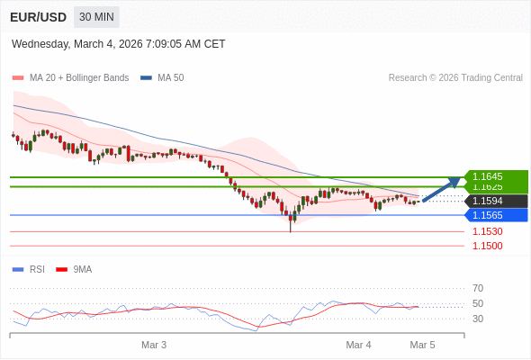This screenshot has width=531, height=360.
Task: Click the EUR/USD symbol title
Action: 37,17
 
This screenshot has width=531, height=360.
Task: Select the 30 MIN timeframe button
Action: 96,17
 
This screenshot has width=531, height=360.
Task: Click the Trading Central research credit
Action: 455,78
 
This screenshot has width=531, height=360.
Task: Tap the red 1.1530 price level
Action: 488,231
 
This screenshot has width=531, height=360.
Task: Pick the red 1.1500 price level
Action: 488,246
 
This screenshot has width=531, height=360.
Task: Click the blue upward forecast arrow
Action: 441,189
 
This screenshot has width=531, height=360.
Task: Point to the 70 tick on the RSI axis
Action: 478,288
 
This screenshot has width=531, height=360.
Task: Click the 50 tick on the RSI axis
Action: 478,303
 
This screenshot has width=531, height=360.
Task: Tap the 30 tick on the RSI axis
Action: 478,319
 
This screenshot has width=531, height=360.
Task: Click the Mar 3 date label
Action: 154,345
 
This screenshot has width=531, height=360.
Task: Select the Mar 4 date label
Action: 358,345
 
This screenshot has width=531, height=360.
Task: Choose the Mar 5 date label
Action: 422,345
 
